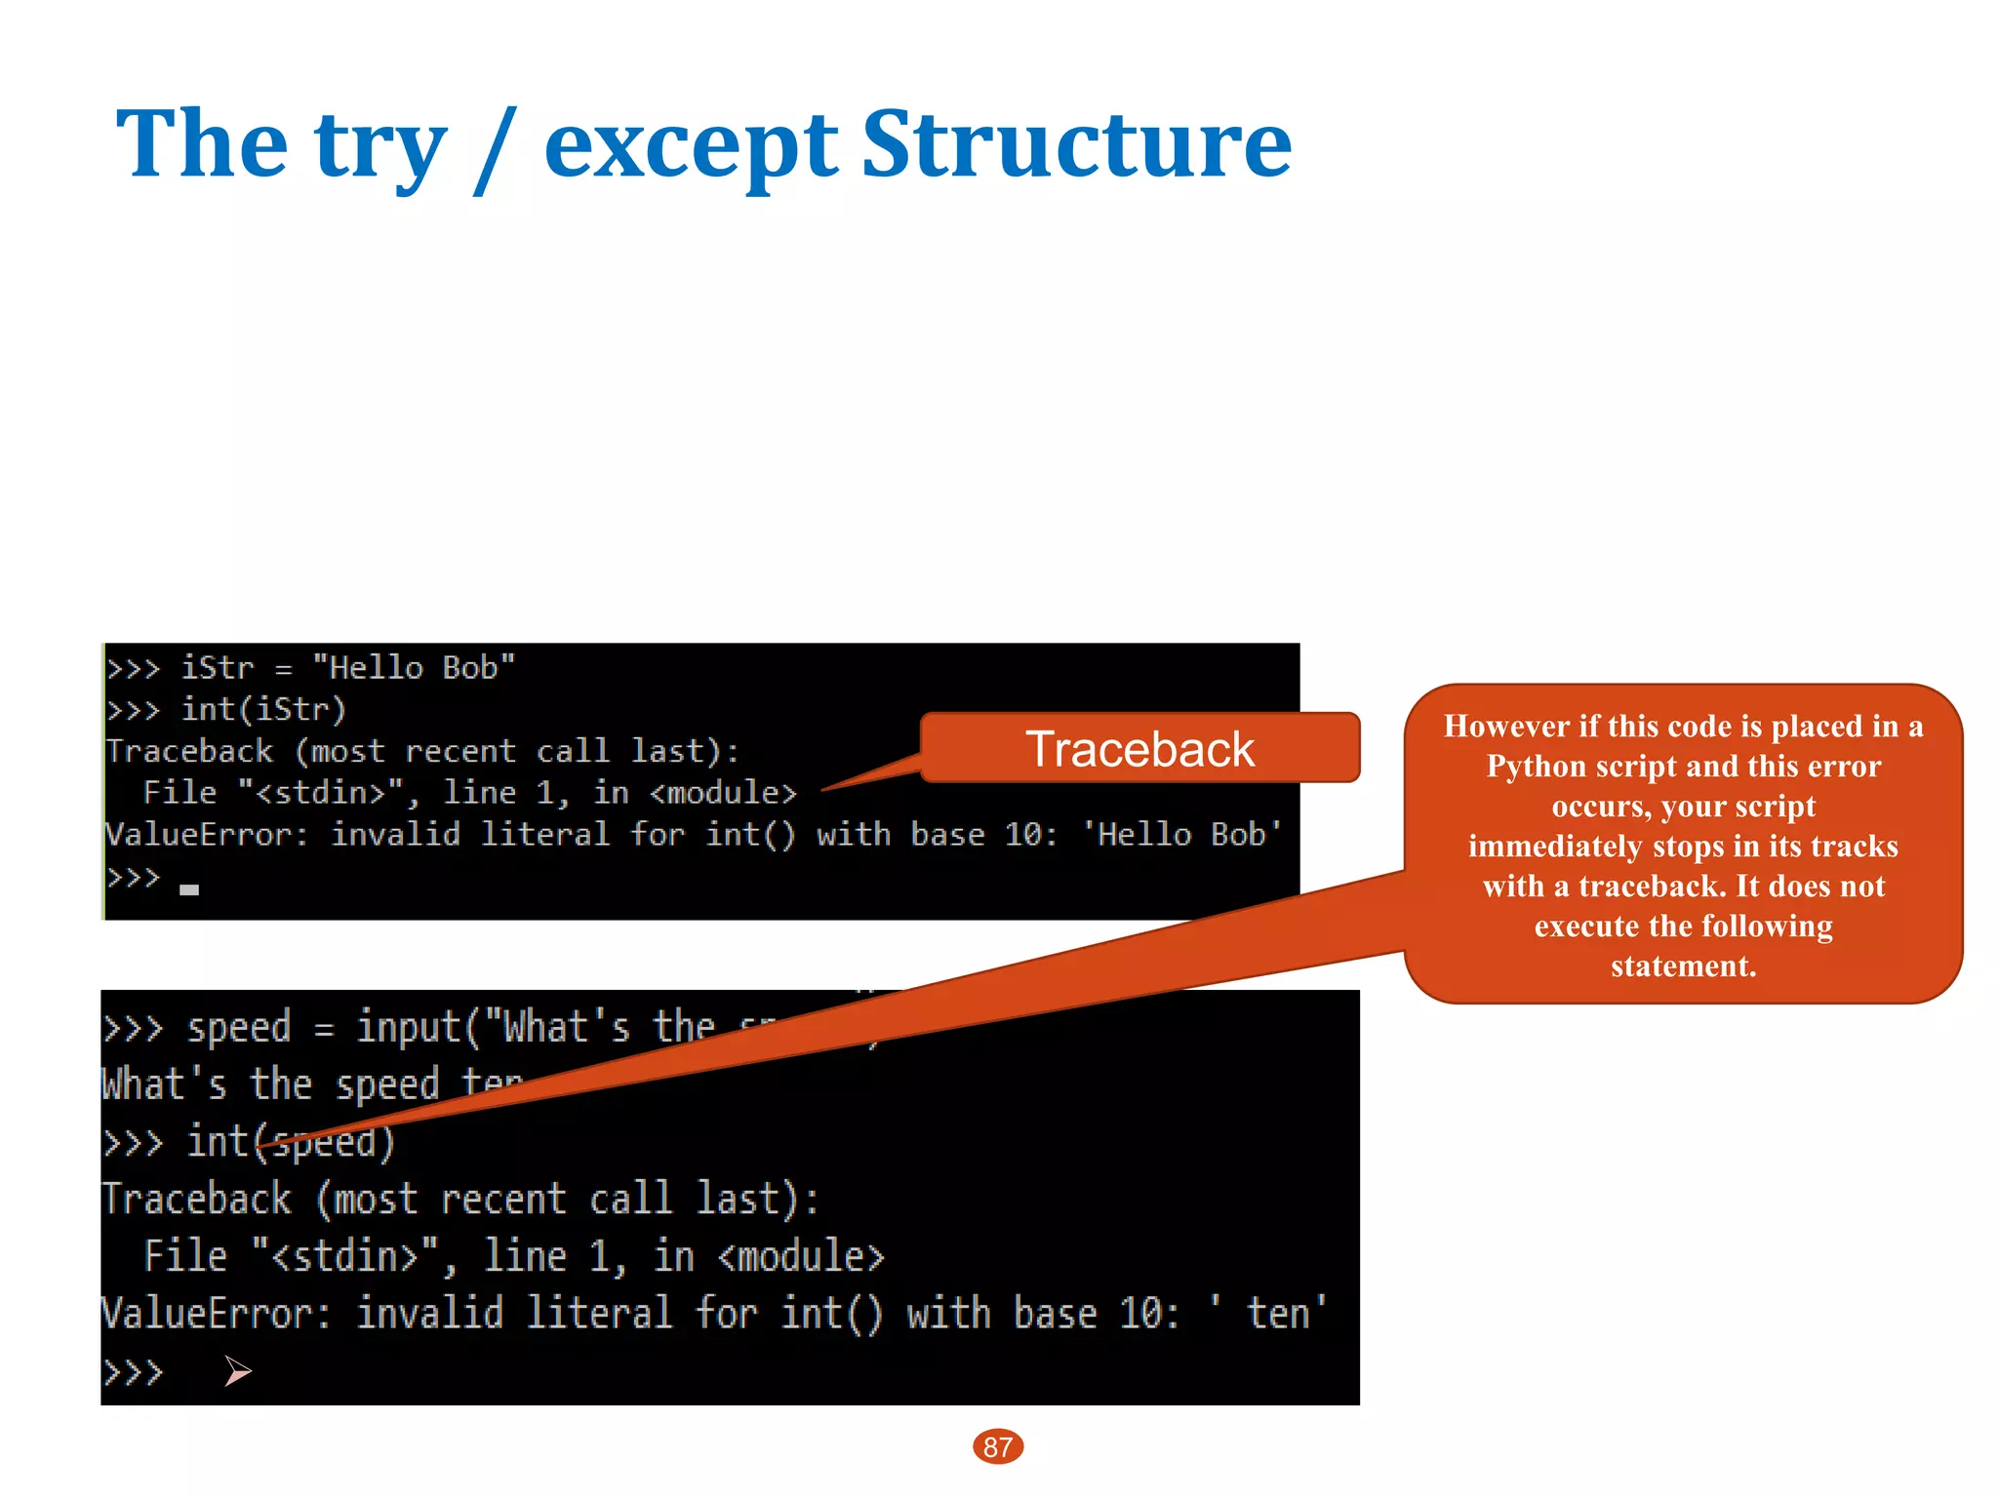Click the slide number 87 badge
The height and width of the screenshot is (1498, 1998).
tap(997, 1446)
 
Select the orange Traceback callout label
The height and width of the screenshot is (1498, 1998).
tap(1139, 749)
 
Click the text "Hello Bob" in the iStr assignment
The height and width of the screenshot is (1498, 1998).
tap(414, 668)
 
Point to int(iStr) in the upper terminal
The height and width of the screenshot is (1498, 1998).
tap(263, 709)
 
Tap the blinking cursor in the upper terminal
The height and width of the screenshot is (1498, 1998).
tap(189, 889)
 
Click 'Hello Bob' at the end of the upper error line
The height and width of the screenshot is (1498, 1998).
tap(1182, 835)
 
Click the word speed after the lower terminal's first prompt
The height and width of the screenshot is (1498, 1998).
tap(239, 1028)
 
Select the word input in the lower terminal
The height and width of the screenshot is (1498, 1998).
tap(408, 1028)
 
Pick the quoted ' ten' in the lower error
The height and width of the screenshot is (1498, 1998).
tap(1268, 1314)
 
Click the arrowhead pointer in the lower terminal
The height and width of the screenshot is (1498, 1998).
tap(237, 1371)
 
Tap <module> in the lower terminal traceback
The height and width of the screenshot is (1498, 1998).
tap(801, 1257)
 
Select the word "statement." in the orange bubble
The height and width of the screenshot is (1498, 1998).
tap(1683, 966)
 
